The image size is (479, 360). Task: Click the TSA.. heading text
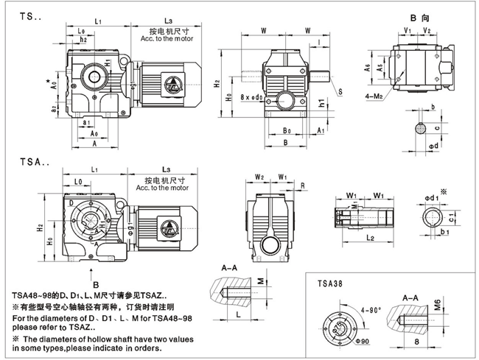tap(24, 158)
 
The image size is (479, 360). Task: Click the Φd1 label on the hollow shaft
tap(431, 197)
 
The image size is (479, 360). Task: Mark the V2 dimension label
tap(427, 30)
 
